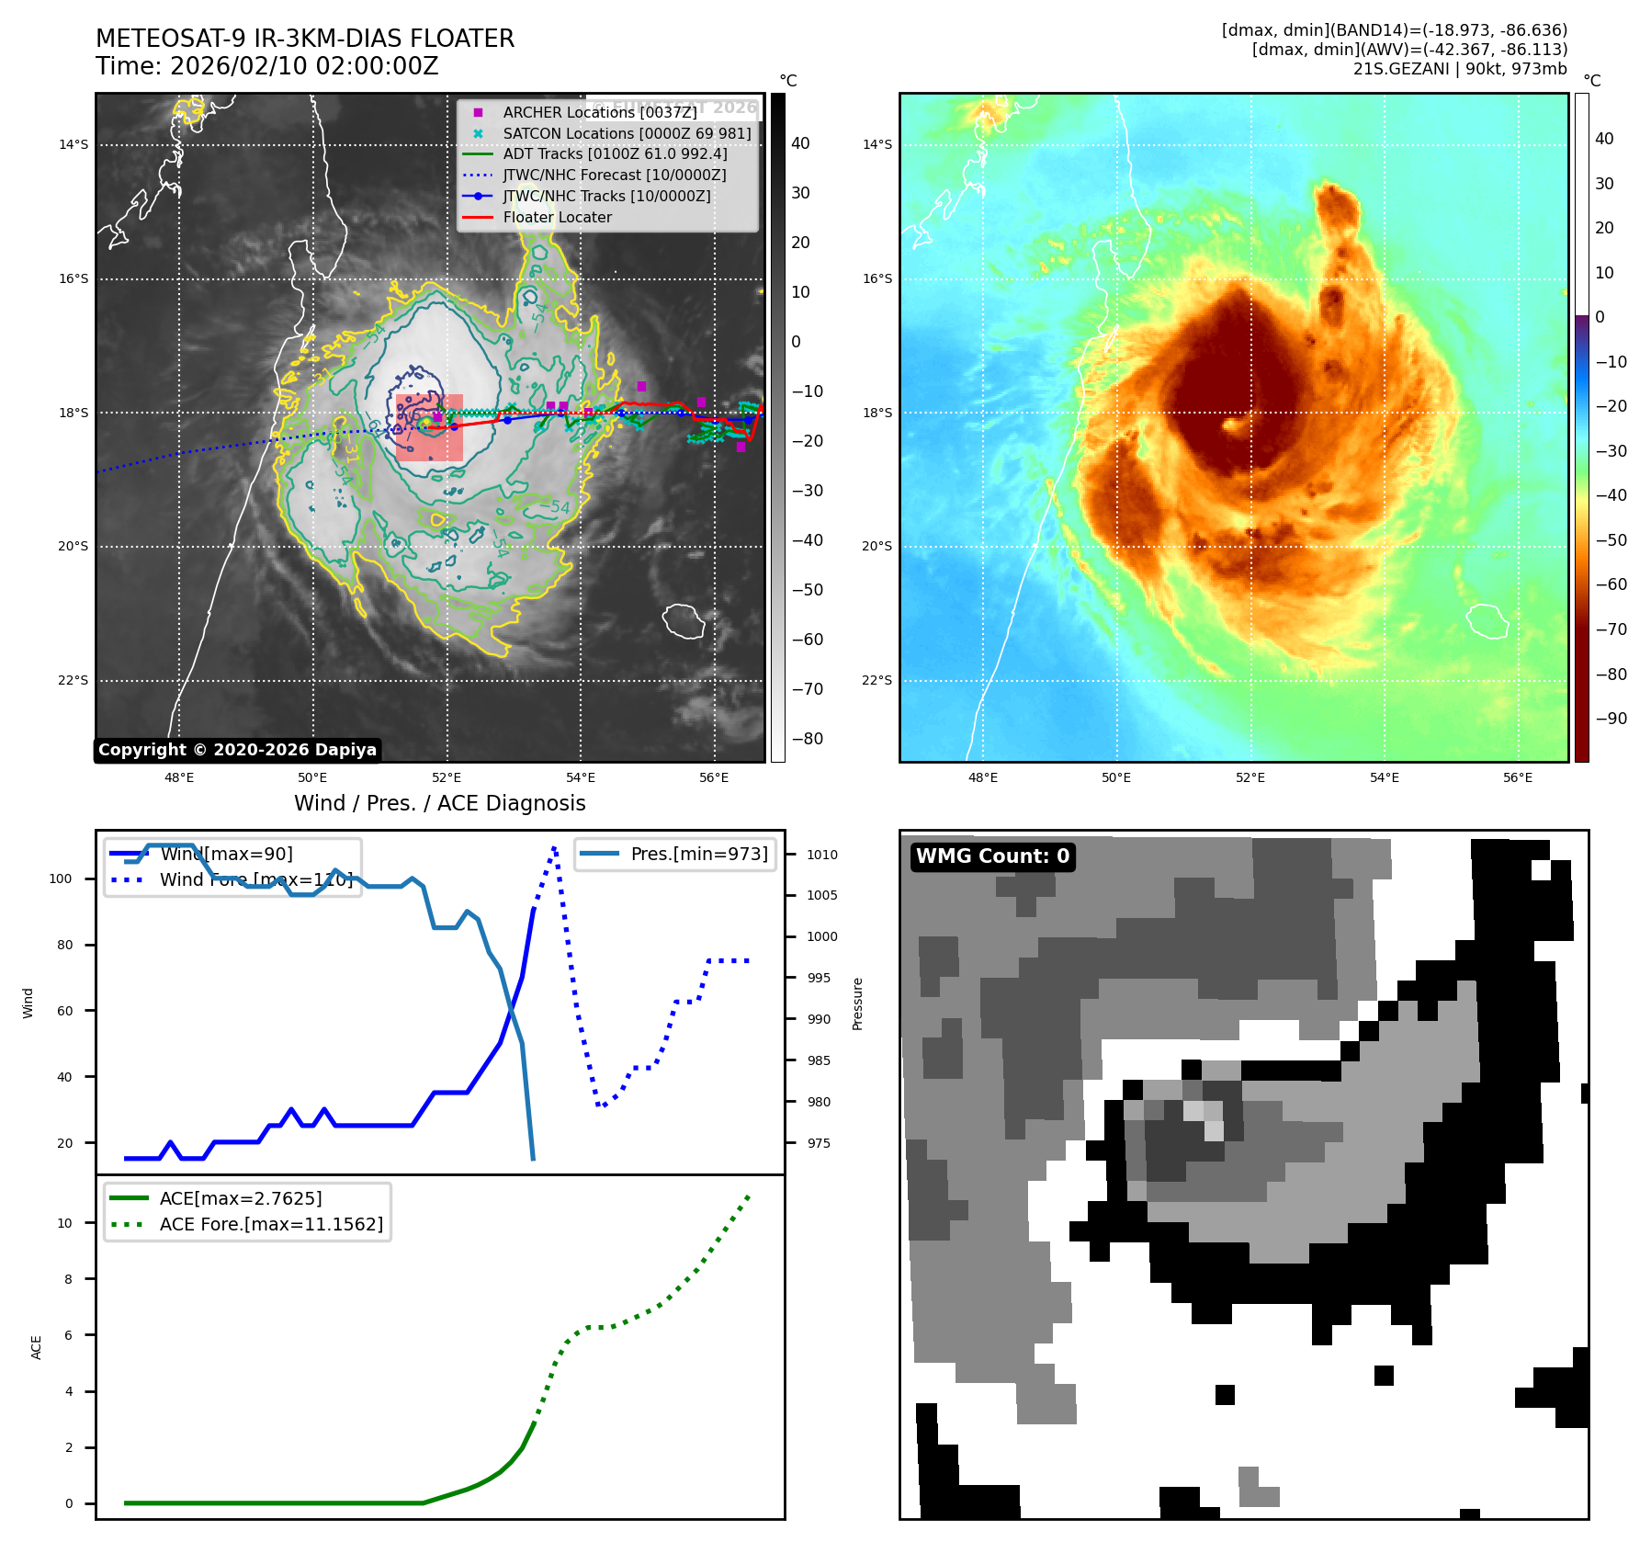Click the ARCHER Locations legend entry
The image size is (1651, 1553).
(599, 112)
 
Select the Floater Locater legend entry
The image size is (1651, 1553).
(557, 217)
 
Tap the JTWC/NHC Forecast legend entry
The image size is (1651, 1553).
(614, 175)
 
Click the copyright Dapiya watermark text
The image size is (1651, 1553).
(237, 750)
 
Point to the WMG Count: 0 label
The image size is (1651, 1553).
(992, 856)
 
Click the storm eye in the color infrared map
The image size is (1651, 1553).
(1231, 425)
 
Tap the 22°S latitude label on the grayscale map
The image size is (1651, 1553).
(74, 681)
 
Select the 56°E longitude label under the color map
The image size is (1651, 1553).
(1518, 777)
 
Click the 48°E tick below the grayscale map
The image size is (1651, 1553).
(179, 777)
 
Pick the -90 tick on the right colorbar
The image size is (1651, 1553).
(1611, 719)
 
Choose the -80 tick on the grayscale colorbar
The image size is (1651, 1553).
(808, 739)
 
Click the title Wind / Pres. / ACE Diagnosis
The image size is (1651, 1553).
(439, 803)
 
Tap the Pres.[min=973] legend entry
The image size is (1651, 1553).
(699, 854)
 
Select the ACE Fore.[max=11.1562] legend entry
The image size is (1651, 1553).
(271, 1224)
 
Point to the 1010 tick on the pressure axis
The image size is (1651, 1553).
(821, 855)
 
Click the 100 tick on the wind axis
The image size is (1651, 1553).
(61, 879)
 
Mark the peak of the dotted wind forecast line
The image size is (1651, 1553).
(555, 847)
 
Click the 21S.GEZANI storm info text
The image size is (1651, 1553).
(1459, 69)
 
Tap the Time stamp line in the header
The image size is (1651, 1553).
(266, 66)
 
